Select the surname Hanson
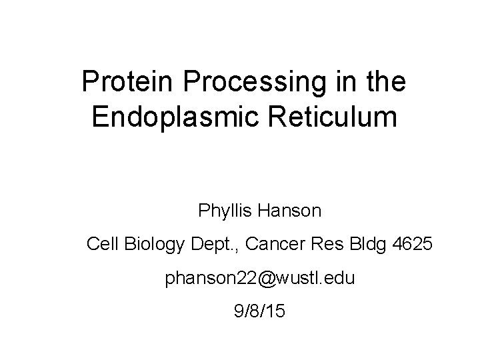(x=292, y=212)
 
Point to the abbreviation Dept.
(x=214, y=245)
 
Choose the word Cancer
(x=273, y=245)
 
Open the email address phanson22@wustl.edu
(x=260, y=279)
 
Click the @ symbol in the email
(x=266, y=279)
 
